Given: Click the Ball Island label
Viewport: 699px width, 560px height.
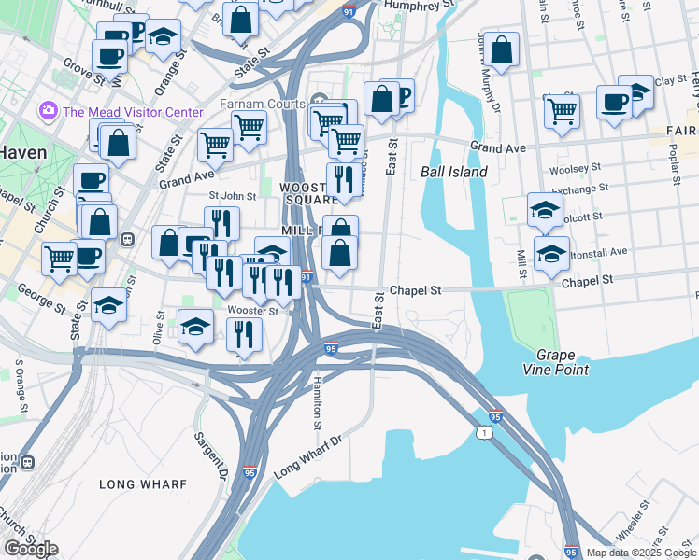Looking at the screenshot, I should (454, 172).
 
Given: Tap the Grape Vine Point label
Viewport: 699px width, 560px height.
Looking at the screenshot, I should (563, 363).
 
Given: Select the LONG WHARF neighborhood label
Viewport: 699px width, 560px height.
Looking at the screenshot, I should (143, 484).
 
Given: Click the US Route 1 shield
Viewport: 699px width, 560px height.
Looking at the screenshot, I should (481, 432).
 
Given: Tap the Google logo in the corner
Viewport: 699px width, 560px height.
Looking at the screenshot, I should (30, 548).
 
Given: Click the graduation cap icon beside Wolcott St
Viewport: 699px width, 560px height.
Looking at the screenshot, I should (545, 210).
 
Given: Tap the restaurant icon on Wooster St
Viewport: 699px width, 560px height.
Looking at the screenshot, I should (244, 333).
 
